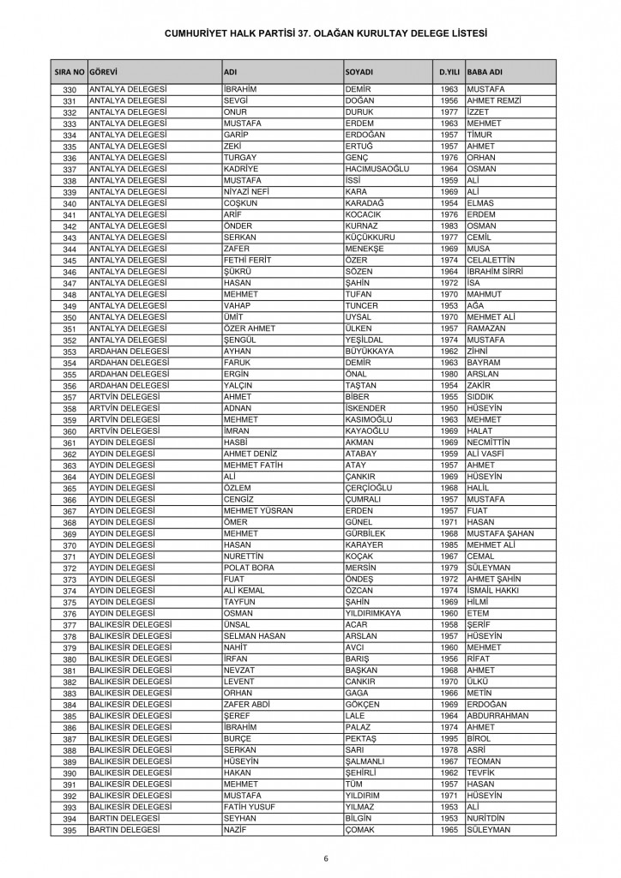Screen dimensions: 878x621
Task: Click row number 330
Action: point(70,90)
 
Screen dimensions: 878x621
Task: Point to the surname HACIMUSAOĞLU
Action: point(378,169)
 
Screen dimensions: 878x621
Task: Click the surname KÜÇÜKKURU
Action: point(371,238)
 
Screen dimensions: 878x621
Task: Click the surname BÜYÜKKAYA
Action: point(375,350)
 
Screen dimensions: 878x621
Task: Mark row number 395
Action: point(70,830)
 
